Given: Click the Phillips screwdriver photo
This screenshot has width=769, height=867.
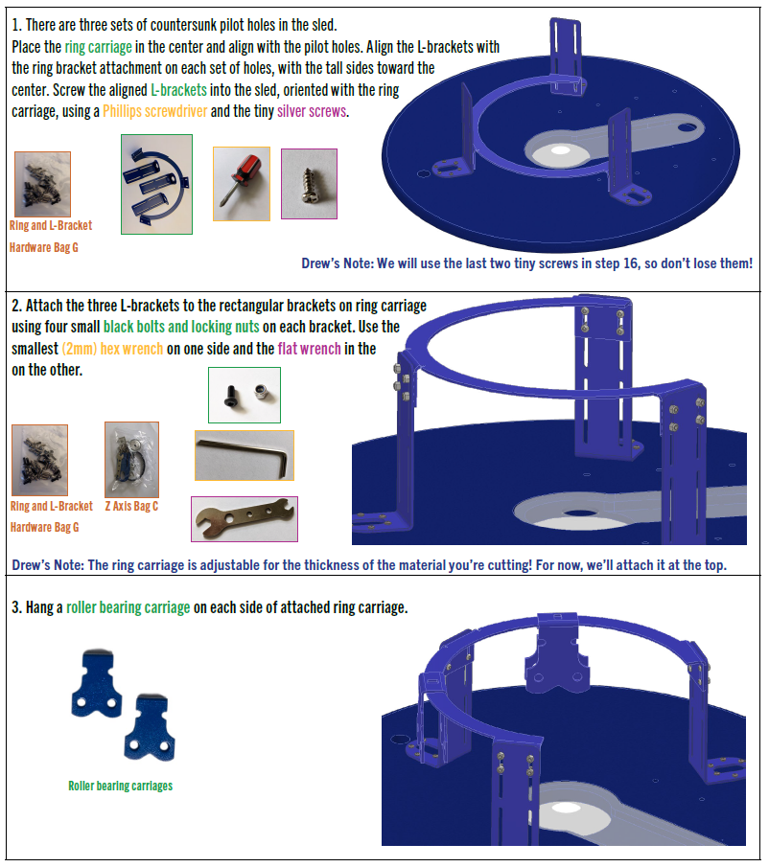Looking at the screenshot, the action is coord(241,183).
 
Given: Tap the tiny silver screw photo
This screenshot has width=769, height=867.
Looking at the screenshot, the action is coord(309,184).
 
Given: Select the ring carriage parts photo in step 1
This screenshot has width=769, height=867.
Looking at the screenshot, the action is coord(156,184).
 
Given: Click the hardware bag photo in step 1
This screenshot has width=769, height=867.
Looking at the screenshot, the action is coord(42,184).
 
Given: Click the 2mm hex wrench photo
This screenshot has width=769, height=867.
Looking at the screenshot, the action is coord(244,455).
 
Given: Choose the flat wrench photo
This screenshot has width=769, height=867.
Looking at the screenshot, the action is coord(244,519).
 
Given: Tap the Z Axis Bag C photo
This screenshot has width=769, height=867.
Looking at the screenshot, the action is coord(131,460).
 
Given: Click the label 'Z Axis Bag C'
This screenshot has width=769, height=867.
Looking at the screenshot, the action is coord(131,506).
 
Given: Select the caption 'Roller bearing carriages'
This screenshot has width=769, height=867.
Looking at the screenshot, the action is coord(120,786).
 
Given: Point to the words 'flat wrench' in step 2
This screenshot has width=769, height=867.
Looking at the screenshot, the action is coord(309,349).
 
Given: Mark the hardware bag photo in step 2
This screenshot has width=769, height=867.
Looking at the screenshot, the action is coord(39,460).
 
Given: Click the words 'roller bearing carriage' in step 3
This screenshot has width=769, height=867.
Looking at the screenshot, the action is coord(128,607).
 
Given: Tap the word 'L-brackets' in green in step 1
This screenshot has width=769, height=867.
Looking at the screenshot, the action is coord(179,90).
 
